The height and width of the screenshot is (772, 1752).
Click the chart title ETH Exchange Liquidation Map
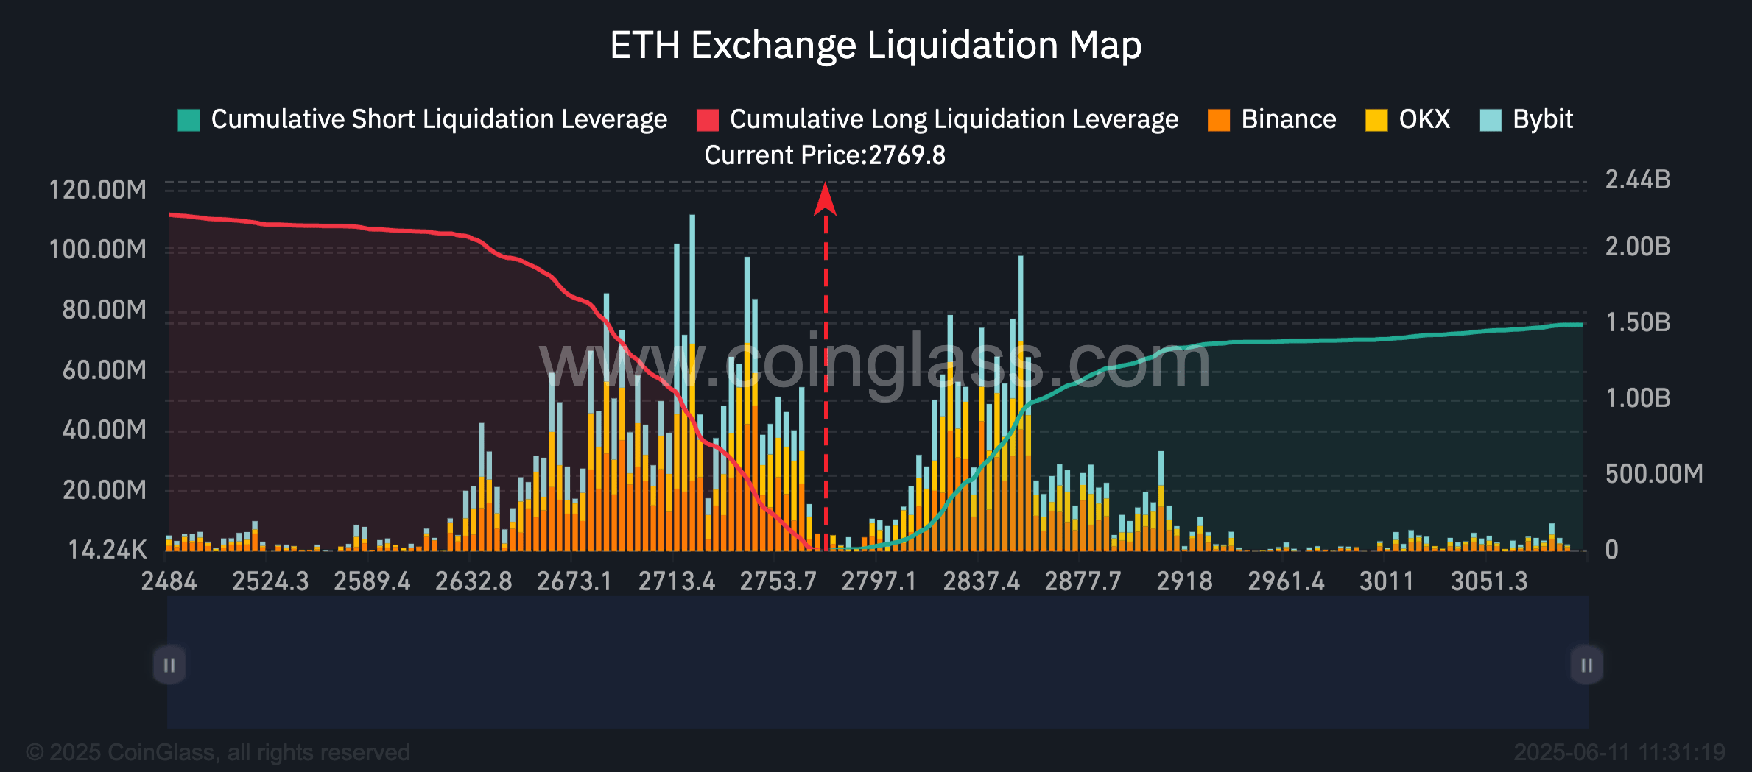coord(876,45)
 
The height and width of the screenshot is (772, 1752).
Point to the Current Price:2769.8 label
coord(825,155)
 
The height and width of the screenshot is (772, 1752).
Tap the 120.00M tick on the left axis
coord(97,190)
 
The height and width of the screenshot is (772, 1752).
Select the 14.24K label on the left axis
coord(108,550)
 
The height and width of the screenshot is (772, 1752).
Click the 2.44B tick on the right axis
coord(1638,180)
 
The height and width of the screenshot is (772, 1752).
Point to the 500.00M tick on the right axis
coord(1654,474)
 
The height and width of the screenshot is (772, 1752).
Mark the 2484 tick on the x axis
coord(169,581)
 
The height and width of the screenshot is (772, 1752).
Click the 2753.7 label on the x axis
coord(778,581)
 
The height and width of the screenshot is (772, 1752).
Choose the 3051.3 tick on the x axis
coord(1489,581)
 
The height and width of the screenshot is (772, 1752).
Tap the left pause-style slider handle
coord(169,665)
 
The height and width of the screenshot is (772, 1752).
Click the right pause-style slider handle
coord(1587,665)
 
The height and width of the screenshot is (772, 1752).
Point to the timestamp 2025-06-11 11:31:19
coord(1619,752)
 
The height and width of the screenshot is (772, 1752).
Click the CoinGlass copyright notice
coord(218,752)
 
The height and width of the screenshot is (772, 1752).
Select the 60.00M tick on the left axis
coord(104,369)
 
